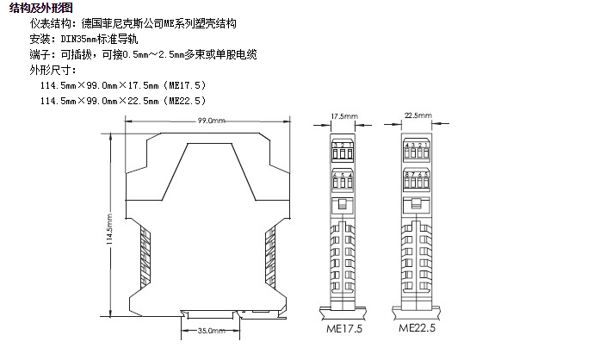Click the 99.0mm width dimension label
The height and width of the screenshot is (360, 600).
click(211, 121)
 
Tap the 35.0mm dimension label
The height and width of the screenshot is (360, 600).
click(211, 330)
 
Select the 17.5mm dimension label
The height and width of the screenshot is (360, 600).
click(344, 115)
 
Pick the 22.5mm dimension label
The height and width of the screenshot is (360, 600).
click(418, 115)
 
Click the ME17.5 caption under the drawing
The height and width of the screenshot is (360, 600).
click(343, 328)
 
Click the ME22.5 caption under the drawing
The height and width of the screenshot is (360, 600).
click(418, 328)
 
